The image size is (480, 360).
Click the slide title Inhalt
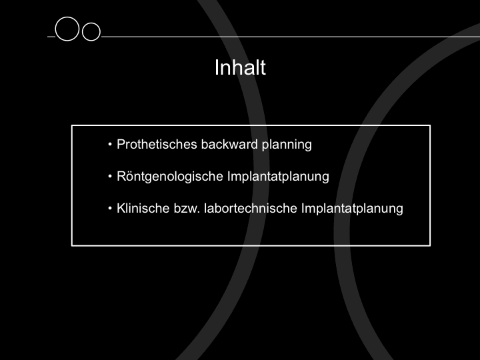(240, 67)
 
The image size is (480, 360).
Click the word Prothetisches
(157, 144)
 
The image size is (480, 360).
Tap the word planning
(287, 145)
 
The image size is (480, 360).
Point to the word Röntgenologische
(170, 177)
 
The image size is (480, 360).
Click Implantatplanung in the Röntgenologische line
(278, 177)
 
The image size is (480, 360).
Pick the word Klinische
(143, 208)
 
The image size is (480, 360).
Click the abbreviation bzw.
(187, 208)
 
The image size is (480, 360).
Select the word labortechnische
(251, 208)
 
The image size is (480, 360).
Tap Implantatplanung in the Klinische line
(352, 209)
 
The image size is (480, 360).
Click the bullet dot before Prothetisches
(110, 145)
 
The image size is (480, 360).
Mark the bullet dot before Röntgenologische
(110, 176)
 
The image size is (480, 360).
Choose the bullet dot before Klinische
(110, 208)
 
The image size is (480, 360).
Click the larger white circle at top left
(55, 29)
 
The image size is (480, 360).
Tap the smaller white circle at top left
(83, 31)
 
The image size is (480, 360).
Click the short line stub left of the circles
(51, 37)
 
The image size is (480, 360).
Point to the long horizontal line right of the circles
(291, 37)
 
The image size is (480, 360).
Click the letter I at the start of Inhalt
(217, 67)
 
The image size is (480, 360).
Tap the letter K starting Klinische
(121, 208)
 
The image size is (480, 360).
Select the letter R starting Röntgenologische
(121, 176)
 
